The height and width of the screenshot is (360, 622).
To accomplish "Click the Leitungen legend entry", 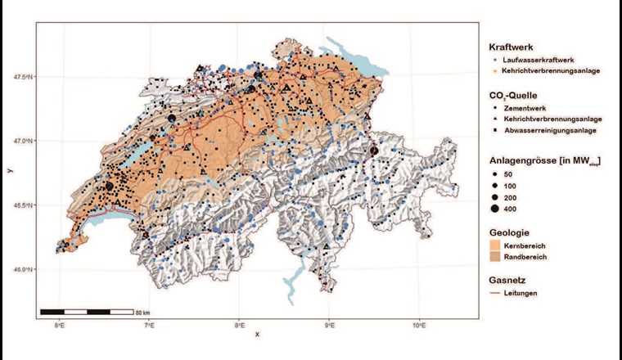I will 521,293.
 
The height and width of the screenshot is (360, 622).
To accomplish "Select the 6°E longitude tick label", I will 59,326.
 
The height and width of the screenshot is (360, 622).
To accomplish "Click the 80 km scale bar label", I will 143,313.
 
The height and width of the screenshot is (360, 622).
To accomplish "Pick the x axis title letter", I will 256,334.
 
